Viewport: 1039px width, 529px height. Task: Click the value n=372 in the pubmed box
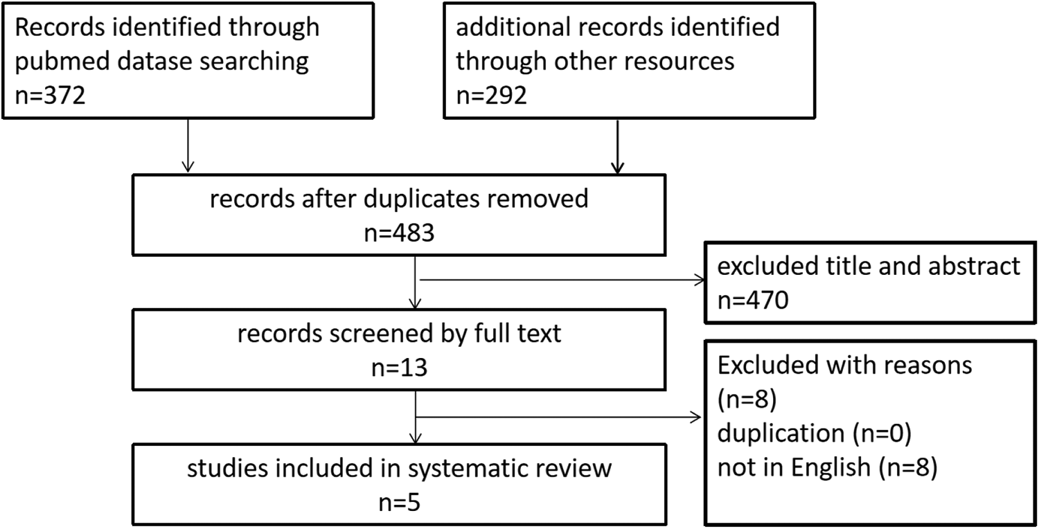click(50, 96)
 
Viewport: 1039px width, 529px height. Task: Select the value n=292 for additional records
click(492, 96)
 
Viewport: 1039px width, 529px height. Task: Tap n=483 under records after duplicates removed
click(400, 232)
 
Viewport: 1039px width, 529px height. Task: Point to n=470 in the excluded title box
click(753, 300)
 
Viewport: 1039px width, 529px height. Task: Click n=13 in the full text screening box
click(400, 368)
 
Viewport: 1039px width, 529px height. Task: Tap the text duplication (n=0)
click(815, 433)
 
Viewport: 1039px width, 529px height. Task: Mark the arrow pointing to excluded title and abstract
click(562, 280)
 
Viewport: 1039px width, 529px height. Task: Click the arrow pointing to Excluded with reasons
click(558, 418)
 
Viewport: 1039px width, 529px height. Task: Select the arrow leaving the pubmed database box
click(188, 145)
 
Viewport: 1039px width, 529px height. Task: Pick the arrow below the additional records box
click(617, 147)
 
